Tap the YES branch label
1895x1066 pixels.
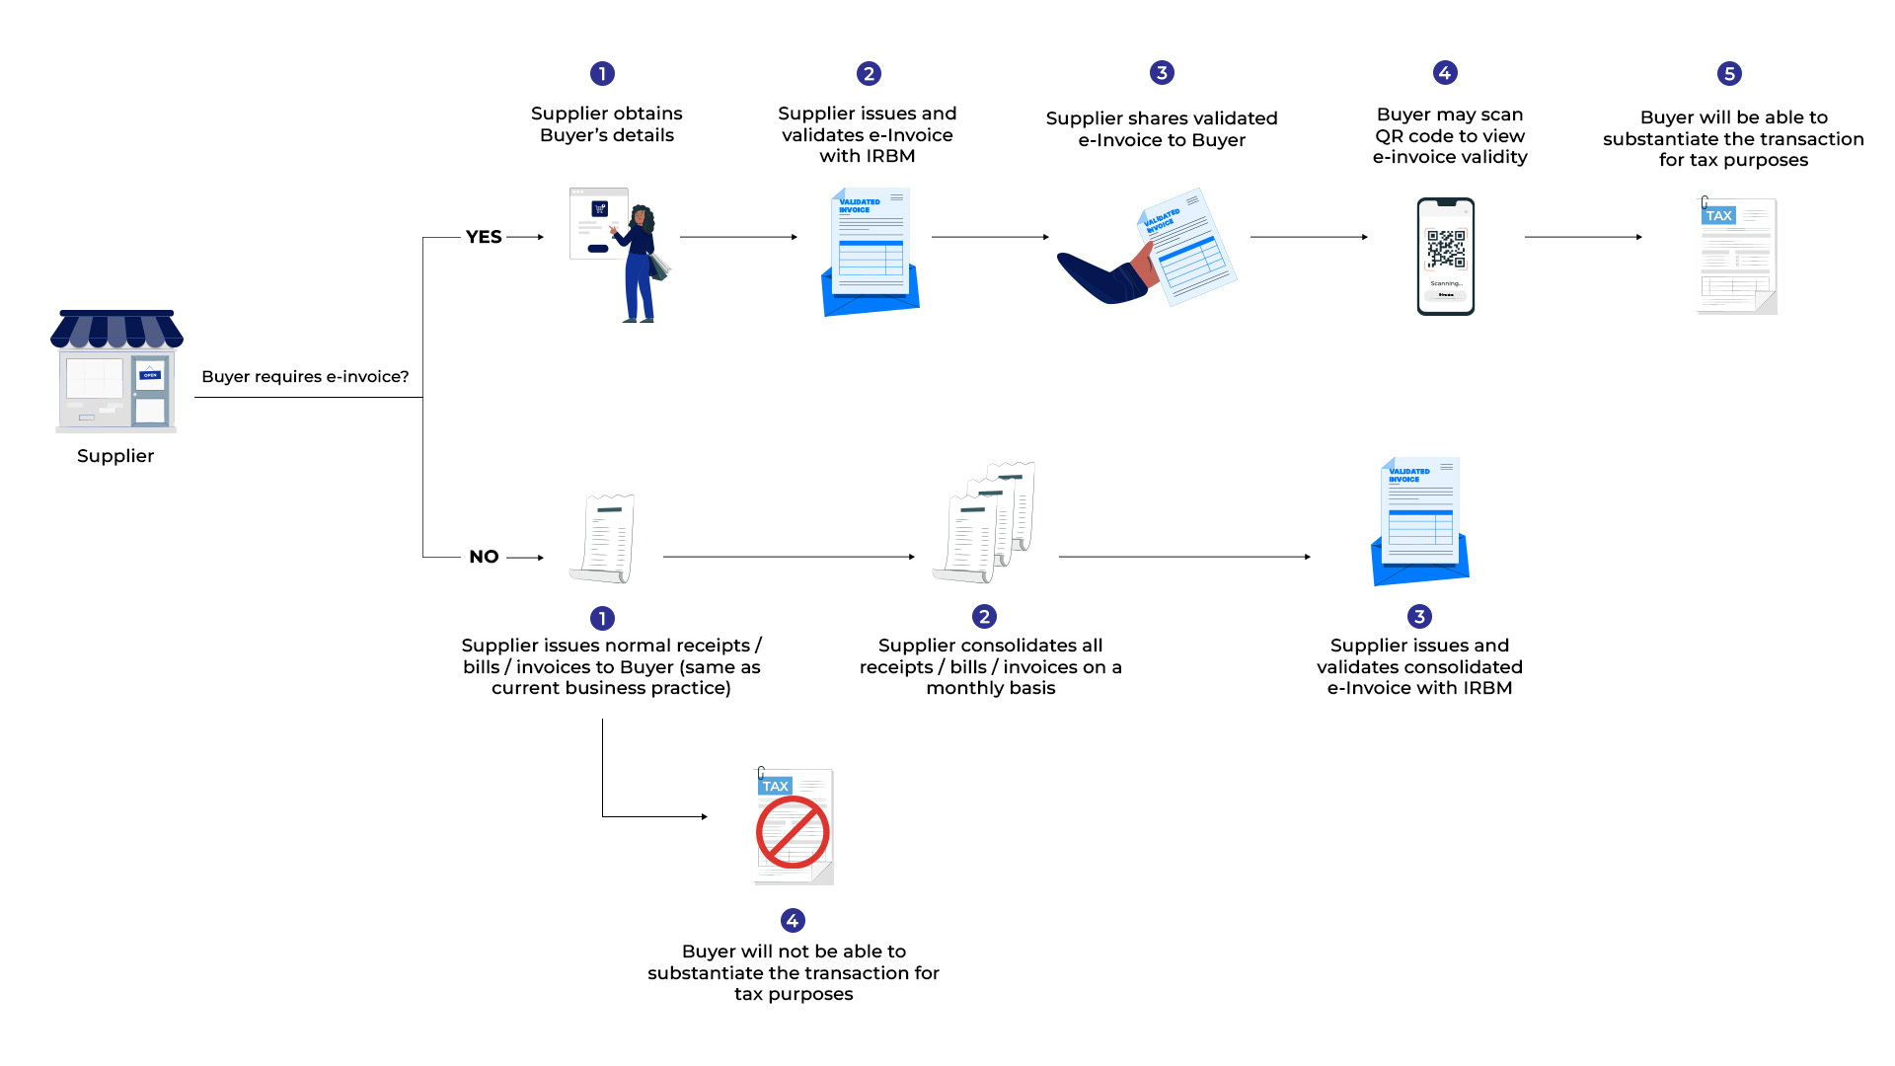(484, 237)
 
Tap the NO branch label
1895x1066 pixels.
(484, 557)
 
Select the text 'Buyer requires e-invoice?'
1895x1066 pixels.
(305, 376)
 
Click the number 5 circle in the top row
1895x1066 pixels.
(1728, 74)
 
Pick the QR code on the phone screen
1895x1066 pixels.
(1446, 249)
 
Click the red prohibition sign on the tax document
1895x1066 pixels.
(793, 832)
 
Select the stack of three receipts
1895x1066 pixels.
(985, 523)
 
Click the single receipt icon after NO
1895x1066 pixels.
(604, 539)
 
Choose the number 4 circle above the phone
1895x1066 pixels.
(1445, 73)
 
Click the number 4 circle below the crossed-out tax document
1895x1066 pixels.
(793, 921)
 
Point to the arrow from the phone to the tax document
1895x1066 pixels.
(1583, 237)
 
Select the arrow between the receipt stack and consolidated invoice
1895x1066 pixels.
(1184, 557)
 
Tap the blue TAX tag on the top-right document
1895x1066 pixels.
(1718, 215)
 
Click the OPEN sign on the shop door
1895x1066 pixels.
(150, 375)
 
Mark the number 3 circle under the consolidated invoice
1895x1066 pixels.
(1419, 617)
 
